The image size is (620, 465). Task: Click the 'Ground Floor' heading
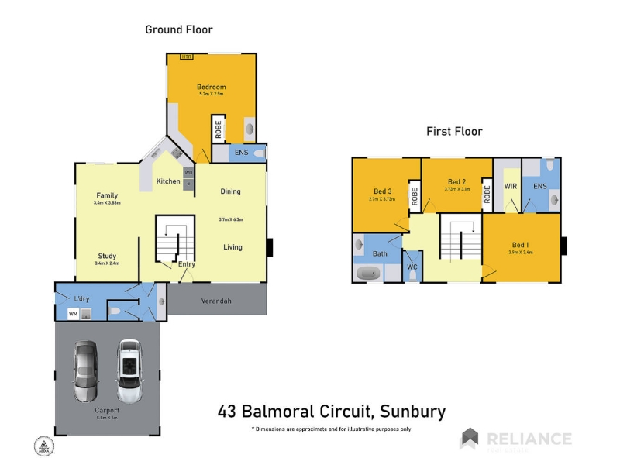tap(179, 29)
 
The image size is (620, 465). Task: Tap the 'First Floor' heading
tap(454, 131)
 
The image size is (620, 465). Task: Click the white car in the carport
tap(129, 370)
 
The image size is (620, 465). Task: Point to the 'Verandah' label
tap(217, 301)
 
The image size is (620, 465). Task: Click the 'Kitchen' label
tap(168, 181)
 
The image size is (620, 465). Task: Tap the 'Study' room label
tap(107, 256)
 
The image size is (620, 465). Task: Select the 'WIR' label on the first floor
tap(510, 186)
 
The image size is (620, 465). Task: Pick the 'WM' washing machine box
tap(73, 314)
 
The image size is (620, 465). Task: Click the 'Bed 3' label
tap(383, 191)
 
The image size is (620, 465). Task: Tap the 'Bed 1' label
tap(521, 244)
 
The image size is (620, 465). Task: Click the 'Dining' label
tap(230, 191)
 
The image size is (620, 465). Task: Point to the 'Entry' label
tap(186, 264)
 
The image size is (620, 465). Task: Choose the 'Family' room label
tap(107, 195)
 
